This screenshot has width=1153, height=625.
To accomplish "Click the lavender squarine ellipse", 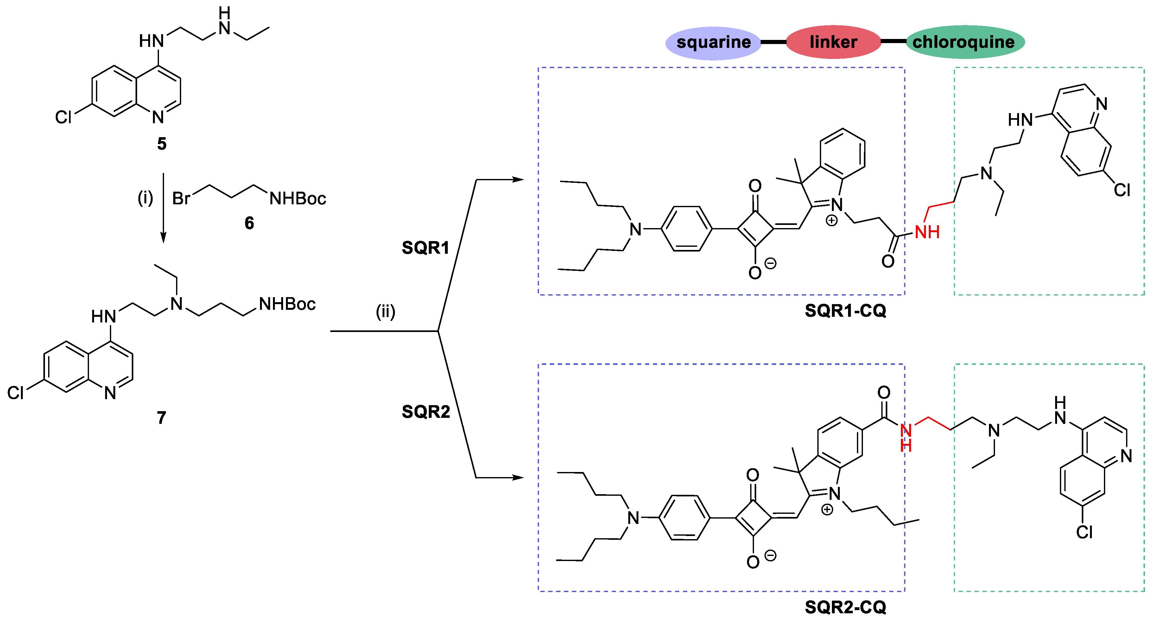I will tap(713, 42).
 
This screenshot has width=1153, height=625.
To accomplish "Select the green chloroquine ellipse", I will tap(965, 42).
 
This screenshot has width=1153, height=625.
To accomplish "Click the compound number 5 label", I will tap(162, 144).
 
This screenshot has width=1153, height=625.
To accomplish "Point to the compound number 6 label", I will tap(249, 223).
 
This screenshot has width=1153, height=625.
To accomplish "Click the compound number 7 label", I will tap(162, 418).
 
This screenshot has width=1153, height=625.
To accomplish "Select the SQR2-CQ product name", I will tap(845, 607).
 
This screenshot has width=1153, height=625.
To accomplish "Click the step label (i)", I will tap(145, 198).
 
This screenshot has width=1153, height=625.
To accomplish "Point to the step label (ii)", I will tap(385, 312).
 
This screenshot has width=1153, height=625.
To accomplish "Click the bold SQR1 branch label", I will tap(425, 248).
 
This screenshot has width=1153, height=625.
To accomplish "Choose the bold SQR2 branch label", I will tap(426, 411).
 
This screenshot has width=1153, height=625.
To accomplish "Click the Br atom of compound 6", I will tap(181, 198).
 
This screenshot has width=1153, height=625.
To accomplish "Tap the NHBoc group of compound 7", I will tap(287, 304).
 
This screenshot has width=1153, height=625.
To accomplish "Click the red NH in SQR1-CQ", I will tap(927, 232).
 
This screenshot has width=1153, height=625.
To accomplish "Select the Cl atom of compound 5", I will tap(63, 117).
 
